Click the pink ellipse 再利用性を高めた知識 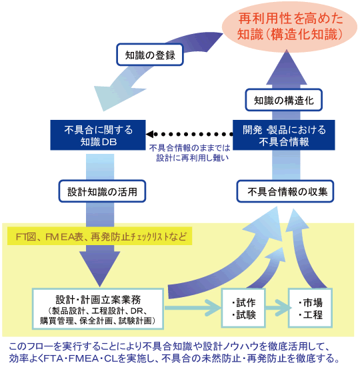click(289, 26)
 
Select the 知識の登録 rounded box click(150, 55)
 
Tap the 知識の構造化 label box click(283, 100)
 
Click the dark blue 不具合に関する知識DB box click(98, 135)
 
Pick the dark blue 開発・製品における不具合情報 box click(283, 135)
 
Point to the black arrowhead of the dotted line click(149, 134)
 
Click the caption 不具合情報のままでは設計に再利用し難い click(190, 153)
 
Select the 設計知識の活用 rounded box click(102, 191)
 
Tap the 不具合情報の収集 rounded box click(285, 191)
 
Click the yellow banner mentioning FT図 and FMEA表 click(99, 236)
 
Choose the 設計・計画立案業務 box click(98, 309)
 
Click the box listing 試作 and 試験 click(243, 308)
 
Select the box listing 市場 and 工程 click(310, 308)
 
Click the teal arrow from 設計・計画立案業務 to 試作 click(193, 308)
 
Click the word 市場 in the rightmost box click(313, 302)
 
